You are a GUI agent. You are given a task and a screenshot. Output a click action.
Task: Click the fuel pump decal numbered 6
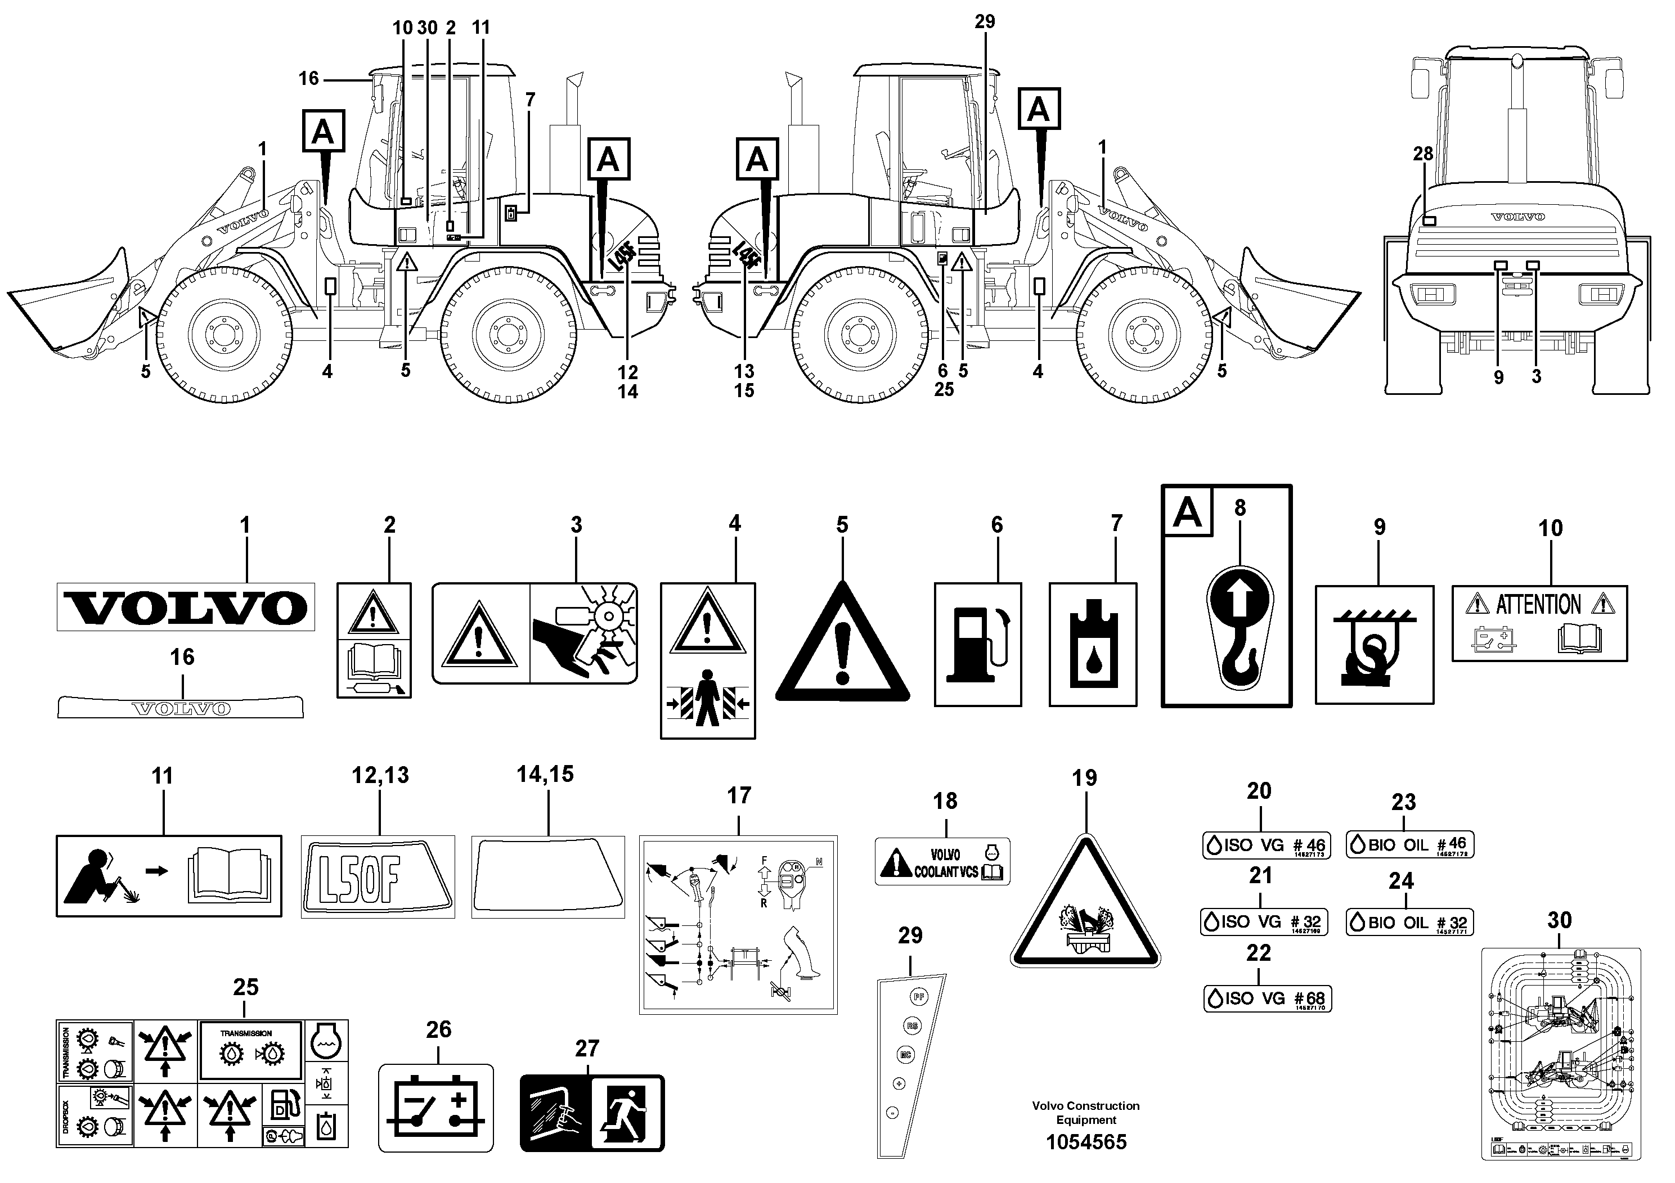coord(977,644)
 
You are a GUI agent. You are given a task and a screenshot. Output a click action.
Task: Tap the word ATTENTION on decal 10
coord(1538,605)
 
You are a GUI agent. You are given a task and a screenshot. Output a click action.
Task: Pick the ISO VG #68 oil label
coord(1267,998)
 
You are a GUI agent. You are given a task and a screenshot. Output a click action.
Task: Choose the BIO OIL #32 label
coord(1409,923)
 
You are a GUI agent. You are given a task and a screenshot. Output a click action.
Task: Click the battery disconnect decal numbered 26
coord(435,1107)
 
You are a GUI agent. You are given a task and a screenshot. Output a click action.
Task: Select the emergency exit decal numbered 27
coord(592,1112)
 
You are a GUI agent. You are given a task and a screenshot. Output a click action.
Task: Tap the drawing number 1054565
coord(1085,1142)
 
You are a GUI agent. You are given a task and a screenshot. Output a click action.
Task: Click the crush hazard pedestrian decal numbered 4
coord(708,660)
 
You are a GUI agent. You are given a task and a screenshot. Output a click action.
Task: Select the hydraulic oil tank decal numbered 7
coord(1093,644)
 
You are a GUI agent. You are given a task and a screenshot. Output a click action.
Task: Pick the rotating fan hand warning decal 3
coord(535,633)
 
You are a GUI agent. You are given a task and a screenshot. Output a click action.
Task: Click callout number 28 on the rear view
coord(1422,154)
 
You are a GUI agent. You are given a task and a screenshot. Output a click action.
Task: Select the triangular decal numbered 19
coord(1085,908)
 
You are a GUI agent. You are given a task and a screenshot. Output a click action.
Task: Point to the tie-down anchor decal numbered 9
coord(1374,644)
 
